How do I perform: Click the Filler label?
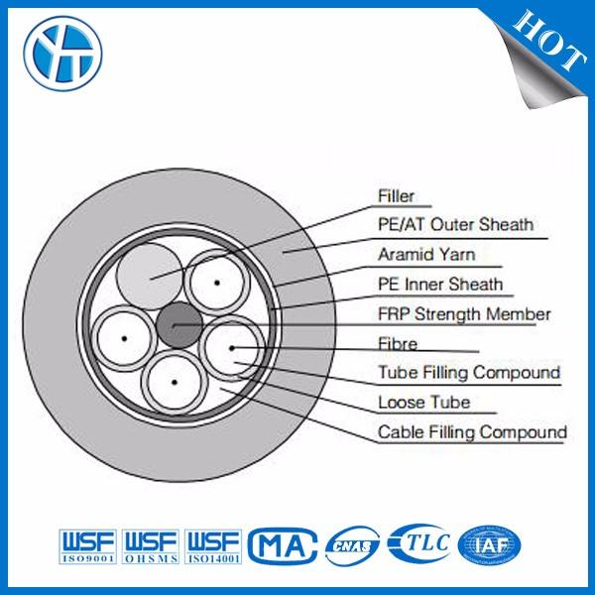[x=396, y=196]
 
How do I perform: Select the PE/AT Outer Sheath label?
[x=455, y=225]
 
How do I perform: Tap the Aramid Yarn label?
[x=426, y=255]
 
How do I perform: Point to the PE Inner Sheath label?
[x=439, y=285]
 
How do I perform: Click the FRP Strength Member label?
[x=463, y=314]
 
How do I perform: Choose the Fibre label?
[x=398, y=344]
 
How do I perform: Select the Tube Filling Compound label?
[x=469, y=373]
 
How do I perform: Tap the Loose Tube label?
[x=423, y=403]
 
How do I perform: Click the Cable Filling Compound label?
[x=472, y=432]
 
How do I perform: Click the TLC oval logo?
[x=420, y=542]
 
